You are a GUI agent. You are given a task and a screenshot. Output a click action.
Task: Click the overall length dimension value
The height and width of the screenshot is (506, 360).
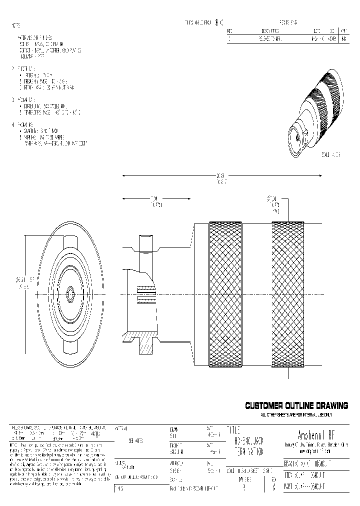click(x=220, y=178)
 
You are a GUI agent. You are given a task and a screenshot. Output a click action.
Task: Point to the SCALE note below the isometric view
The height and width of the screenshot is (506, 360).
click(x=330, y=155)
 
